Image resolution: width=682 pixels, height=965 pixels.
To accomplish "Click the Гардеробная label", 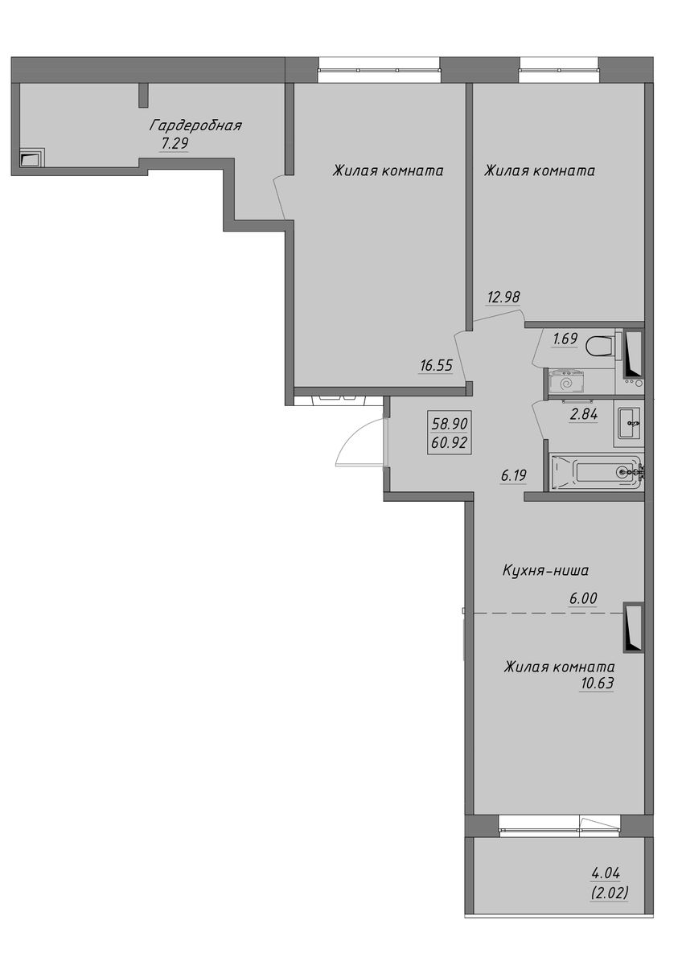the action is point(195,126).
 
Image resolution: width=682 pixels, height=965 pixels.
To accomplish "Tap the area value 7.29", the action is point(175,143).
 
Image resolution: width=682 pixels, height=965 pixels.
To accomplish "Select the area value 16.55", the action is point(437,365).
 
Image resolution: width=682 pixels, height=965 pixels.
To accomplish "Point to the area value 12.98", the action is point(504,297).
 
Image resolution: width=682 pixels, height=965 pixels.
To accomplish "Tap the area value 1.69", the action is point(565,339).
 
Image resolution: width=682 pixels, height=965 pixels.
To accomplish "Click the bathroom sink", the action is point(629,423).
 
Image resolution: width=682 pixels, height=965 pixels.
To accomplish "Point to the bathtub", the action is point(598,472).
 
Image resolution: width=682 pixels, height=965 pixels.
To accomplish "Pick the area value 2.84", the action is point(583,414).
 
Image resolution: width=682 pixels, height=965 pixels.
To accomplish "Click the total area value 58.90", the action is point(450,425).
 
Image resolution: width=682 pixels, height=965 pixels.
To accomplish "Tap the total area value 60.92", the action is point(450,442).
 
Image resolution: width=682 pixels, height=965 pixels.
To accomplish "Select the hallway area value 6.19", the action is point(514,476).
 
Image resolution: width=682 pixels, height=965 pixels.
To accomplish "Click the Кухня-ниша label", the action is point(545,571).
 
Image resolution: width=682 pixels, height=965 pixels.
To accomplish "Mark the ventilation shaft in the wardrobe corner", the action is point(32,159).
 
